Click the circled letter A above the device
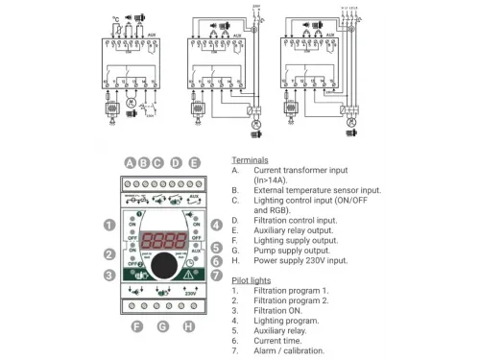(x=129, y=162)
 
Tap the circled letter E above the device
(x=194, y=162)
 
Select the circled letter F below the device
(x=136, y=326)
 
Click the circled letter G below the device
(x=162, y=326)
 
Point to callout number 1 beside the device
(x=110, y=225)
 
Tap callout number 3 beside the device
(x=110, y=276)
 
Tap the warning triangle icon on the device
(x=187, y=271)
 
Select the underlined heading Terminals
(x=251, y=160)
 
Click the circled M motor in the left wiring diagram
(x=132, y=100)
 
